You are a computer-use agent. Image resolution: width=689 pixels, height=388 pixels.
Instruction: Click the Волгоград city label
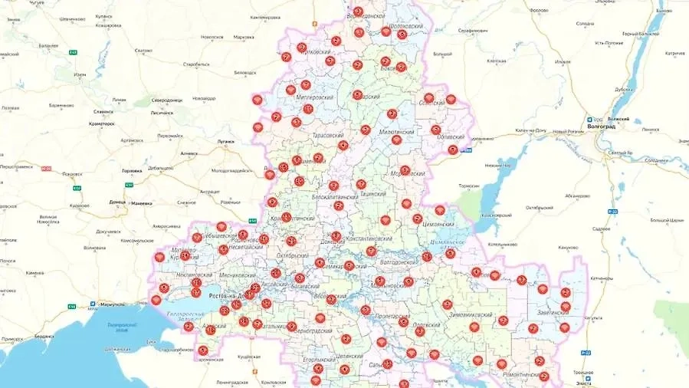[603, 127]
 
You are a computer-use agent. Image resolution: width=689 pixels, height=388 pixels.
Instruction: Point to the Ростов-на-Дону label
[220, 295]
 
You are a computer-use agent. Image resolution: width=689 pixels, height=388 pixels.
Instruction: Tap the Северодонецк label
[167, 100]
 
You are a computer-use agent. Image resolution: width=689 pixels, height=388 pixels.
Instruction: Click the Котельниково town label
[506, 244]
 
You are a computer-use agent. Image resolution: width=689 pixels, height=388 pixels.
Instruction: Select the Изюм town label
[80, 74]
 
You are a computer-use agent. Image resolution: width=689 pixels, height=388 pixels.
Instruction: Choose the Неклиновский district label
[173, 274]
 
